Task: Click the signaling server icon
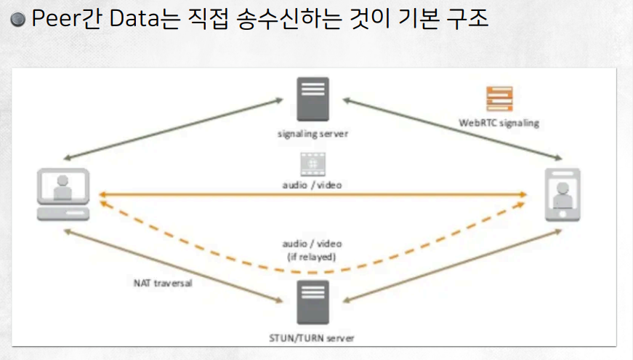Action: [x=313, y=99]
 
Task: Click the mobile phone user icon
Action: [x=562, y=194]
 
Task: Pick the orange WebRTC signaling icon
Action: [x=499, y=98]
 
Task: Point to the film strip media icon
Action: [x=312, y=164]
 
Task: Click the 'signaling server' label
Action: [x=313, y=134]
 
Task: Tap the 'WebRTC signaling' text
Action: [x=499, y=123]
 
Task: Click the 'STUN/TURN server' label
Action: [x=313, y=338]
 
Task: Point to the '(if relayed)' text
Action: [x=313, y=256]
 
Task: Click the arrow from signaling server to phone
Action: [x=451, y=129]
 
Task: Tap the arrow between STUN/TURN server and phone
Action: [x=451, y=265]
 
